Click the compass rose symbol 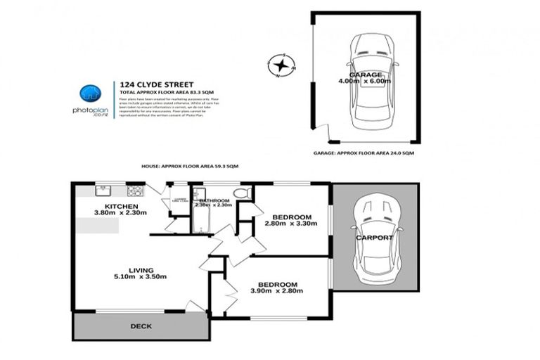point(281,67)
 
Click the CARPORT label point(374,238)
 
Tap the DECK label point(141,327)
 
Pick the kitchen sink point(104,190)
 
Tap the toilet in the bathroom point(240,193)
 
